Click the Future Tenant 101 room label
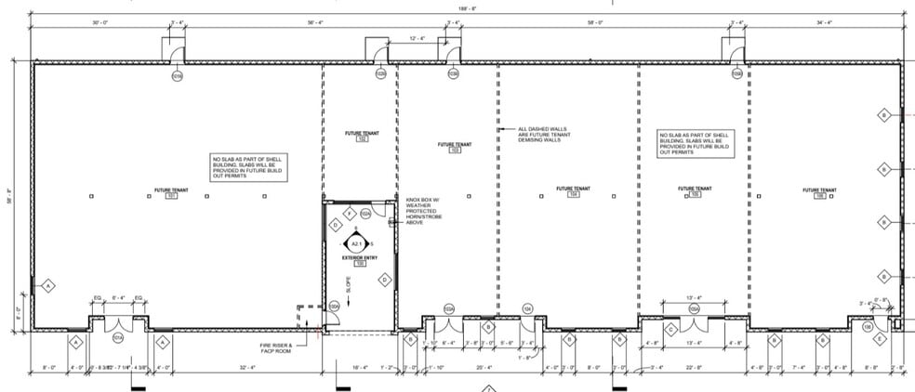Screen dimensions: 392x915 point(171,193)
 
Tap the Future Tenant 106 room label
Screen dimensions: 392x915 point(819,193)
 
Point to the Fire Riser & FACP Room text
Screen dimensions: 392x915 point(276,349)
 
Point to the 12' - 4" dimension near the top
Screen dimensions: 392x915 point(418,38)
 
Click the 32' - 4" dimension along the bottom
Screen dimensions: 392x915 point(246,367)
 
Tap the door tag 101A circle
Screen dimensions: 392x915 point(118,339)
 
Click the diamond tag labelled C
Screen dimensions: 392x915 point(670,329)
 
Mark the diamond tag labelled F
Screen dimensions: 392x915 point(349,214)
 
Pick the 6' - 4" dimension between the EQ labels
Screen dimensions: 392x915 point(118,297)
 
